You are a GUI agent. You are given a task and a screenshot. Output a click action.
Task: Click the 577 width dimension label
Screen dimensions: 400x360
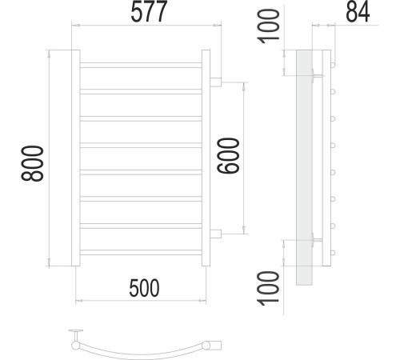(149, 11)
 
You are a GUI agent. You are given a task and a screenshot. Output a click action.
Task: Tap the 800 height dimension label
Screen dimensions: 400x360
(32, 163)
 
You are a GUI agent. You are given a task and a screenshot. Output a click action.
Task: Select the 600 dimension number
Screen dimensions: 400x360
(228, 155)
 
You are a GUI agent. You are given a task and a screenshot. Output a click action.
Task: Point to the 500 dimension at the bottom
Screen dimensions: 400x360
(144, 288)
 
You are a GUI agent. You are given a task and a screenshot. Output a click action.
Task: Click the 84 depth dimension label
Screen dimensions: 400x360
(358, 12)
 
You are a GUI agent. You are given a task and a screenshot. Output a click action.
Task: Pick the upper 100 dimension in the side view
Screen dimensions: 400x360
(268, 26)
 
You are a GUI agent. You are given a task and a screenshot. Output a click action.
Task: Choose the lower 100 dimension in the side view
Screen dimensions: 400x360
(268, 288)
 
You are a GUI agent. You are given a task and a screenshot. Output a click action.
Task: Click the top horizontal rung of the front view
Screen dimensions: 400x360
(141, 65)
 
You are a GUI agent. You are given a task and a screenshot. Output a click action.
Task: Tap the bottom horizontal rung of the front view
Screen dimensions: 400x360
(141, 252)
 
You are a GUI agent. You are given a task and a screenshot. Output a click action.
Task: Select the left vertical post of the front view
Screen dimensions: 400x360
(76, 158)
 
